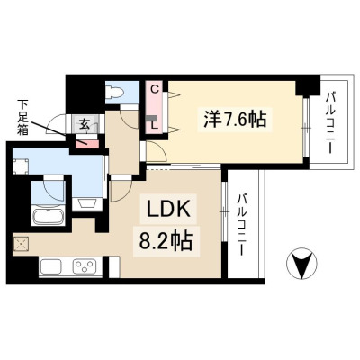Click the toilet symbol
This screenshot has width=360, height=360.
pyautogui.click(x=115, y=92)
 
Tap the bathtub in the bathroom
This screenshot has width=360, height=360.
pyautogui.click(x=49, y=215)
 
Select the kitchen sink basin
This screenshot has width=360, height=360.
pyautogui.click(x=51, y=267)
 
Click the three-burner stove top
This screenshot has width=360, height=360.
pyautogui.click(x=86, y=267)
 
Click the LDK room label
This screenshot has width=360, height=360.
pyautogui.click(x=168, y=209)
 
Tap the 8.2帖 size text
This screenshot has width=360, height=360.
pyautogui.click(x=166, y=242)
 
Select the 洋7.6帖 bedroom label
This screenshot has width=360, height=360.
pyautogui.click(x=235, y=119)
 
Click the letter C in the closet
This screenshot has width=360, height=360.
pyautogui.click(x=154, y=89)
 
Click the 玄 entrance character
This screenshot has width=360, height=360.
pyautogui.click(x=85, y=124)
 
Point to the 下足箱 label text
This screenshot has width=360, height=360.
pyautogui.click(x=22, y=117)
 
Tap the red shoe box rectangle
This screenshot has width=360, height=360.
pyautogui.click(x=86, y=144)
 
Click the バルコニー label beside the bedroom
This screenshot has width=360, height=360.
pyautogui.click(x=331, y=123)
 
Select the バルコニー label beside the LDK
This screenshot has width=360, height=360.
pyautogui.click(x=242, y=225)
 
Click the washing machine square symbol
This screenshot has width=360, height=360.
pyautogui.click(x=21, y=166)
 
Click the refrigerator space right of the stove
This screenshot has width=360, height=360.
pyautogui.click(x=114, y=266)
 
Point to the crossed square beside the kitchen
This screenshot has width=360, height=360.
pyautogui.click(x=21, y=245)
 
